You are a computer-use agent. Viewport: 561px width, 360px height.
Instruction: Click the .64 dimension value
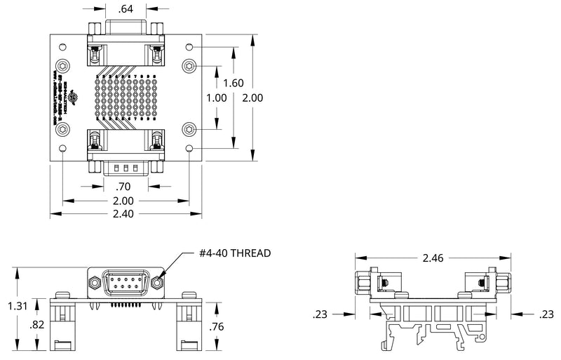coord(126,9)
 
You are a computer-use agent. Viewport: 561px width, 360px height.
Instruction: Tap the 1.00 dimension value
coord(217,98)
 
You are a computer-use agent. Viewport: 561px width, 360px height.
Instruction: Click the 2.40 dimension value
coord(123,214)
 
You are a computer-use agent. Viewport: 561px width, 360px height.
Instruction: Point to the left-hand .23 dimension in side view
coord(320,314)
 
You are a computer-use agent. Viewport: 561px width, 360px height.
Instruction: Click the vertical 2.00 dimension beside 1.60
coord(252,98)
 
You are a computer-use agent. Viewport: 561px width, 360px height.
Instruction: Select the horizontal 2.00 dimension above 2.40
coord(123,201)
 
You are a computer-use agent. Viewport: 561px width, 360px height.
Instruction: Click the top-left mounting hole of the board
coord(63,48)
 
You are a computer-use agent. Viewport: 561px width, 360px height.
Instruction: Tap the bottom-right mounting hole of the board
coord(190,149)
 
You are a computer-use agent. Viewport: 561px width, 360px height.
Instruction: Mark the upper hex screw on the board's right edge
coord(191,66)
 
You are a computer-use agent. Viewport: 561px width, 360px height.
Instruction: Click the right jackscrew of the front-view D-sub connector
coord(158,282)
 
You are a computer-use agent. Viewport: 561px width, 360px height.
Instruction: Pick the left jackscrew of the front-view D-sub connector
coord(94,282)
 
